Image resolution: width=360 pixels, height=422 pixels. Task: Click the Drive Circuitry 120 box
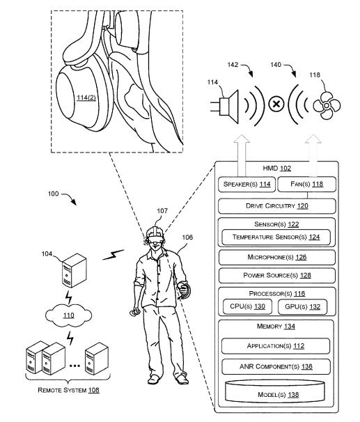point(277,206)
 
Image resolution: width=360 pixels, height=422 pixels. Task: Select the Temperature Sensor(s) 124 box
point(276,237)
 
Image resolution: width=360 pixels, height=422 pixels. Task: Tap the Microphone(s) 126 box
point(277,257)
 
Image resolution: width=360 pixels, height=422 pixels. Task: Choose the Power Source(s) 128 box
point(277,276)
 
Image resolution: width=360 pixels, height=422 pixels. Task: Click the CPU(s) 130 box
point(247,306)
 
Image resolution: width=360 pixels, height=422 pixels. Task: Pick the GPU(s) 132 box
point(302,307)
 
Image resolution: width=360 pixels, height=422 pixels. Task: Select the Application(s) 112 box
point(276,346)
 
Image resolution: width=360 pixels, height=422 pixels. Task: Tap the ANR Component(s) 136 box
point(276,366)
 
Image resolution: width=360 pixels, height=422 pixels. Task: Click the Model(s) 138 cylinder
point(275,391)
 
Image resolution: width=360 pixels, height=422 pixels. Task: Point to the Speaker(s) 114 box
point(247,185)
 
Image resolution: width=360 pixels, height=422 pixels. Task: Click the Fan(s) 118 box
point(306,184)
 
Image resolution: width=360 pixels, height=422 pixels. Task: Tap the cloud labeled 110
point(69,315)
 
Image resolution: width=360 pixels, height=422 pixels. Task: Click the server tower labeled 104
point(75,270)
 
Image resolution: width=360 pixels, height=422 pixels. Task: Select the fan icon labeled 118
point(327,106)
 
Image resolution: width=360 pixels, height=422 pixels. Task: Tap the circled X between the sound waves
point(276,104)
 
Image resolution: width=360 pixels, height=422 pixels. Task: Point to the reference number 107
point(162,211)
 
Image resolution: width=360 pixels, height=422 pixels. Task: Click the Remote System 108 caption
point(68,390)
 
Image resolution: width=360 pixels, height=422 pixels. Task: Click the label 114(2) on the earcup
point(86,97)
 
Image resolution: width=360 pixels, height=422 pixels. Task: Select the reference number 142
point(233,65)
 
